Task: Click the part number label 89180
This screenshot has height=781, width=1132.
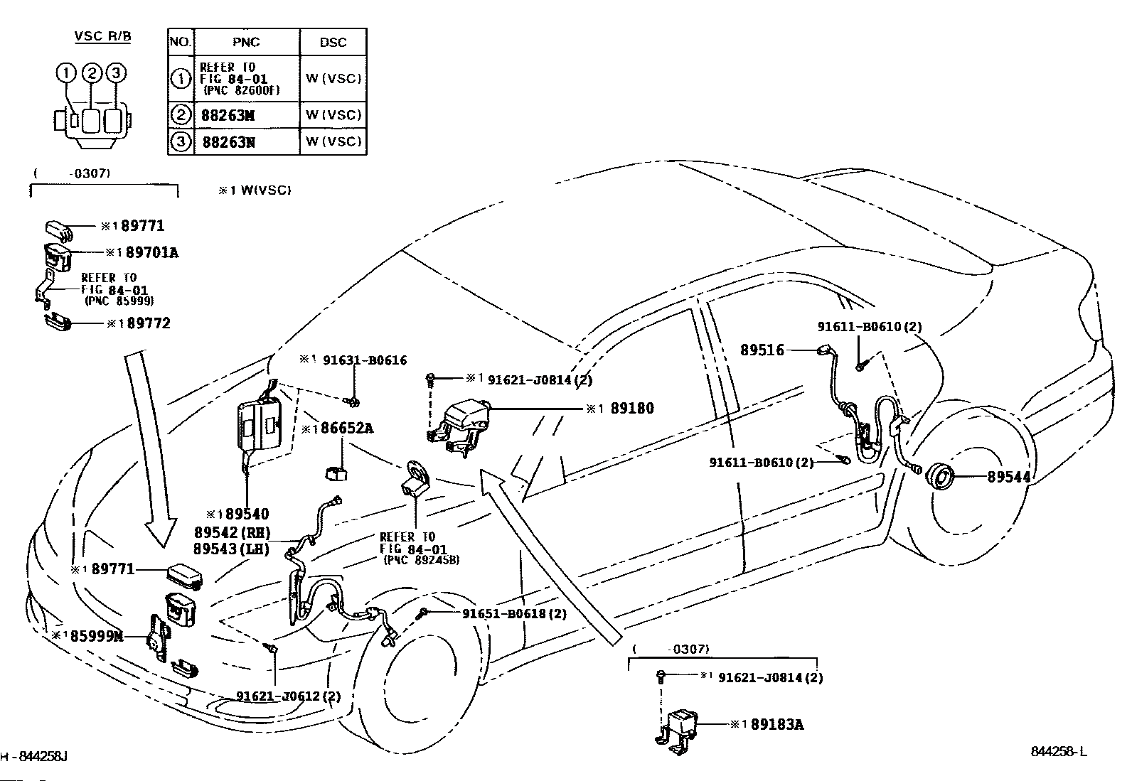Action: [x=631, y=408]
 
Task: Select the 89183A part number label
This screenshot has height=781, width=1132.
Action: [x=776, y=724]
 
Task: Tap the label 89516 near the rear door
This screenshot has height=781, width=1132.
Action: [x=762, y=350]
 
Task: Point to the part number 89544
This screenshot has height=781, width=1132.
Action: [x=1009, y=476]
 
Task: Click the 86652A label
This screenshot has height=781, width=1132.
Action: [x=347, y=429]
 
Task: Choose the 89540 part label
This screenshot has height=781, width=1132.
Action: [x=247, y=515]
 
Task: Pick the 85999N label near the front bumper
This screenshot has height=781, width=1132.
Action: [x=97, y=635]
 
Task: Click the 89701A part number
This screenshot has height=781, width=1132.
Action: [x=152, y=252]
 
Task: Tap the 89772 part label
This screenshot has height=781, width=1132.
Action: [x=149, y=323]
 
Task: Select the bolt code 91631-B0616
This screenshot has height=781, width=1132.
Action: [x=365, y=360]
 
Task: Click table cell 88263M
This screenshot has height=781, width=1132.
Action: [x=228, y=116]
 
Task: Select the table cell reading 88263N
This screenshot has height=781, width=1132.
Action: [x=228, y=142]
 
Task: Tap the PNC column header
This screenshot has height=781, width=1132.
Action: [x=246, y=42]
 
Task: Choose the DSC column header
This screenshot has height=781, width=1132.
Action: [x=333, y=42]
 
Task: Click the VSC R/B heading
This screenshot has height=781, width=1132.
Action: [x=102, y=36]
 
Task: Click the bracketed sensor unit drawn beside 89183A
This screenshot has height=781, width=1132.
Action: [x=677, y=730]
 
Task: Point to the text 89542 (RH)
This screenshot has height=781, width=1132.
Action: [x=233, y=532]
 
